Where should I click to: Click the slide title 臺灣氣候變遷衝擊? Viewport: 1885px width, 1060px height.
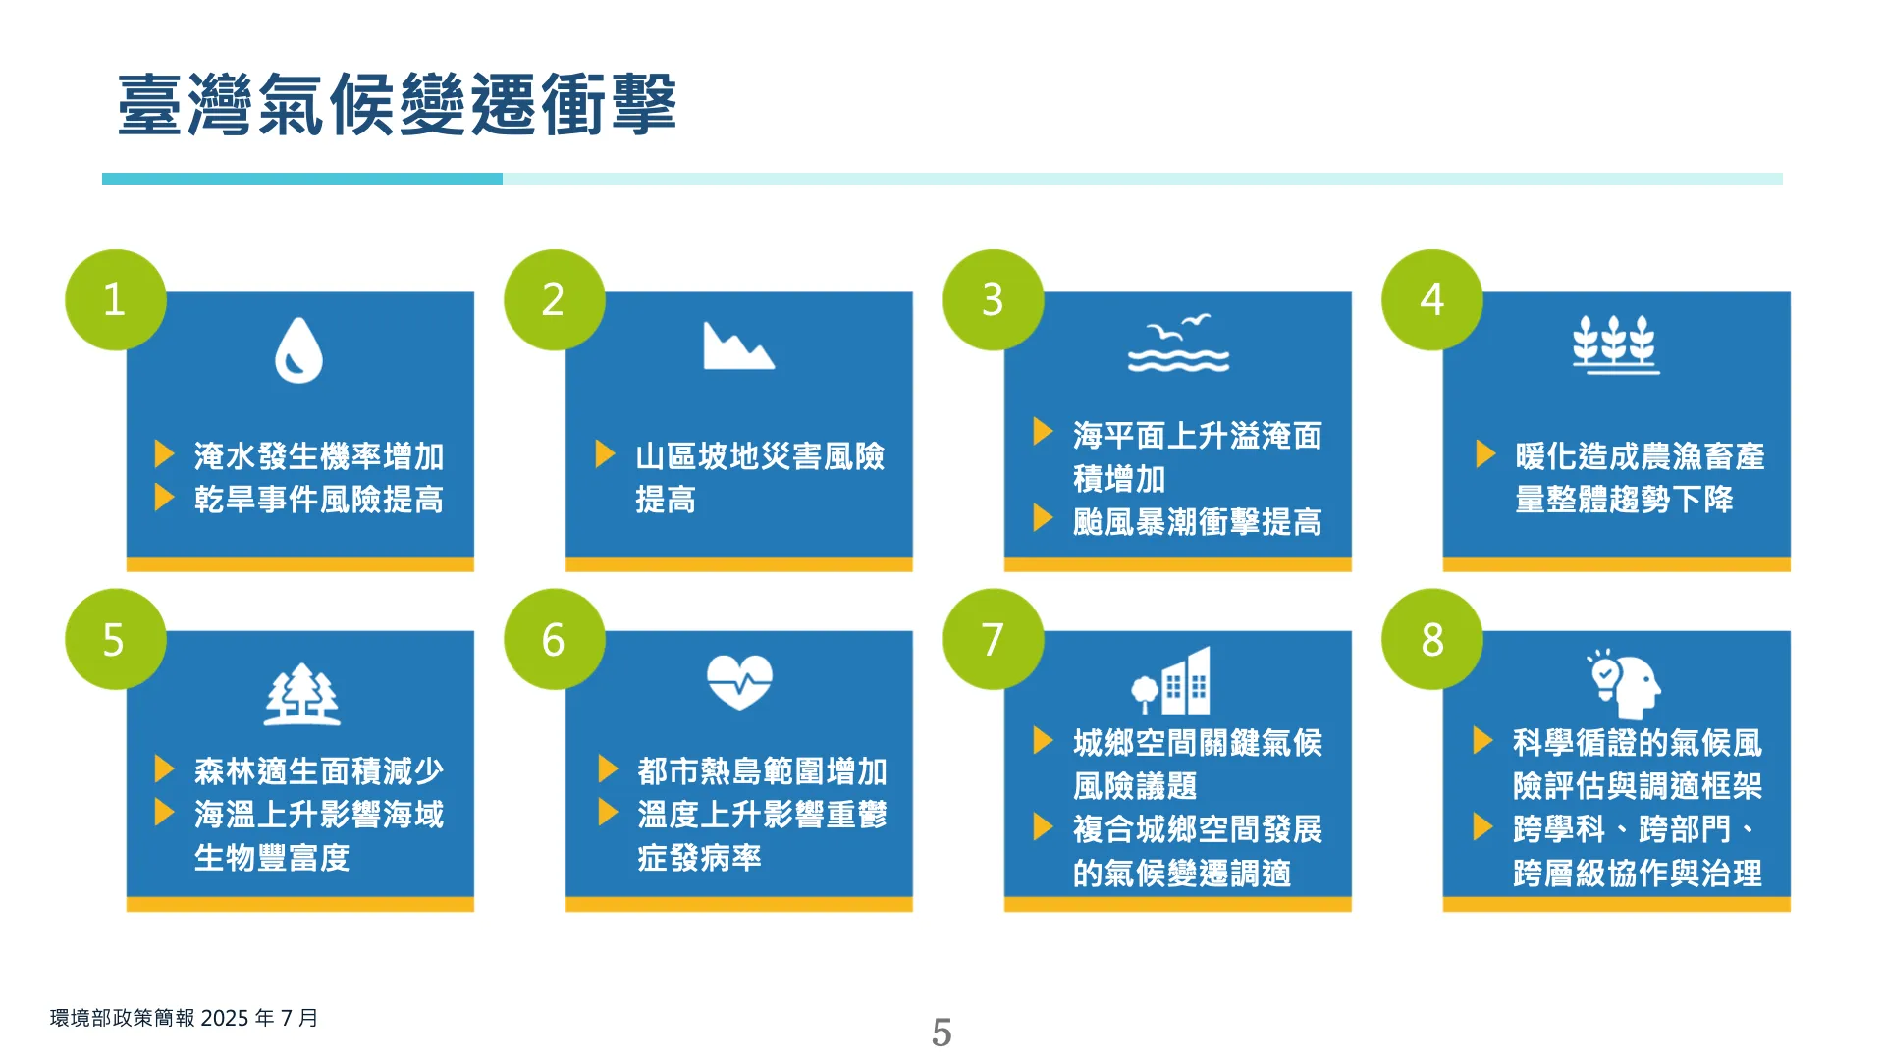[397, 104]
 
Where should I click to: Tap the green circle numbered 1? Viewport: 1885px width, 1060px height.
[116, 299]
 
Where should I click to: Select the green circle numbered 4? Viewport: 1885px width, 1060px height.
[1432, 299]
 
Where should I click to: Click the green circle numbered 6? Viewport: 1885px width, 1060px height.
[555, 639]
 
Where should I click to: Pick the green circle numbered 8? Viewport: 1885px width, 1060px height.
[1432, 639]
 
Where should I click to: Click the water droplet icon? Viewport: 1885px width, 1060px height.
[298, 349]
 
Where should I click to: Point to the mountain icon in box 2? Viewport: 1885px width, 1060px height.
[738, 345]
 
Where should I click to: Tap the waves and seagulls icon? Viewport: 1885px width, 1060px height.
[1178, 344]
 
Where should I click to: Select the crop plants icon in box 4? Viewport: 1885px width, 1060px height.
[1615, 344]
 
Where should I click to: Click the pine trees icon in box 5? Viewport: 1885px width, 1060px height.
[302, 695]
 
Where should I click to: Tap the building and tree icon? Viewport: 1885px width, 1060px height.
[1171, 680]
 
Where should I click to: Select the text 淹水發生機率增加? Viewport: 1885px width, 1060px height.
[319, 456]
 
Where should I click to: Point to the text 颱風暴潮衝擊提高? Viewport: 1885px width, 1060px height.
[1197, 522]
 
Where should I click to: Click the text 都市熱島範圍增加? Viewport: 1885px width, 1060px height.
[762, 771]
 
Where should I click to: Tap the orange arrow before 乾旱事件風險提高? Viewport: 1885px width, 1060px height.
[165, 498]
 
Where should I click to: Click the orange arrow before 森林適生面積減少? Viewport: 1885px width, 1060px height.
[165, 769]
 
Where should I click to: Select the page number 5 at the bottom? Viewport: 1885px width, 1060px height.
[942, 1033]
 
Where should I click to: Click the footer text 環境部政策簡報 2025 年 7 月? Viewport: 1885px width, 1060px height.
[185, 1018]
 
